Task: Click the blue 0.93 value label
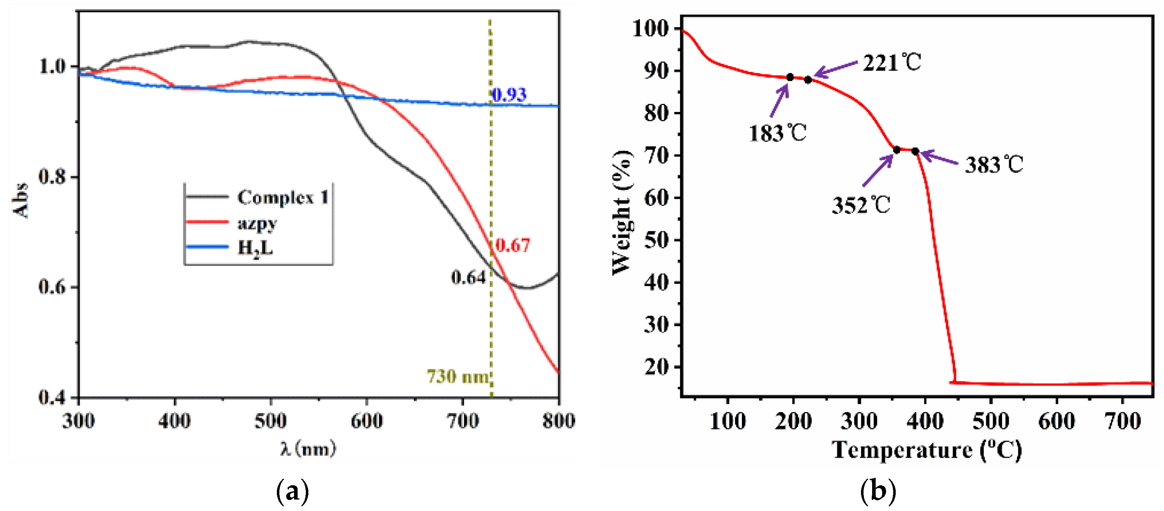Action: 509,95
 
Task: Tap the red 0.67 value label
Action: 512,245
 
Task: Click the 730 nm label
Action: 457,376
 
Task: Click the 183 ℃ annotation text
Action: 777,133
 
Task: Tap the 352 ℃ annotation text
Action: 861,205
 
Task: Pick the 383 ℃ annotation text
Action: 994,164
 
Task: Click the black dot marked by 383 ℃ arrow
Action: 915,151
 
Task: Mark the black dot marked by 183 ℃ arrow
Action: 790,77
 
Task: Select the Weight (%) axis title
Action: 622,212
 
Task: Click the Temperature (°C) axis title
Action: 927,450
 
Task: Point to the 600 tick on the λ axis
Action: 366,421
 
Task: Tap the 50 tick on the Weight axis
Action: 656,240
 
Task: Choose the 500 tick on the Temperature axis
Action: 991,421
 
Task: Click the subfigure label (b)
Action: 878,491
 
